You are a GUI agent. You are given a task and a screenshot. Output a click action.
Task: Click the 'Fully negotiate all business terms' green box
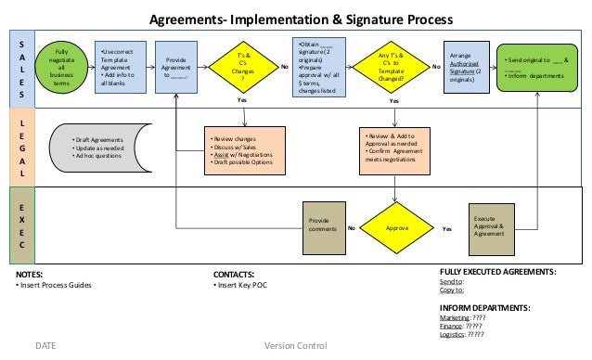(x=62, y=69)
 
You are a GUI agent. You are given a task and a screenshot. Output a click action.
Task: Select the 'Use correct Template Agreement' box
(x=121, y=67)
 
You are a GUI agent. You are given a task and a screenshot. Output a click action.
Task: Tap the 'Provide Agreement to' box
(x=176, y=68)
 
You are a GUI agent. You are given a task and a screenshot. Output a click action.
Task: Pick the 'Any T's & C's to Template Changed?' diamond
(x=395, y=67)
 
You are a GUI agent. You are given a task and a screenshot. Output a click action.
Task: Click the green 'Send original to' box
(x=537, y=67)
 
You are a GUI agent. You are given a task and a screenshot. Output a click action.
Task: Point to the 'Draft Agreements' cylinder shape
(x=98, y=148)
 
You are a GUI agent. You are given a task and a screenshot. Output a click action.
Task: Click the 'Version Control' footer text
(x=295, y=346)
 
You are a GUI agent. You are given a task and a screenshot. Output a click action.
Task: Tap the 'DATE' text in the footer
(x=45, y=346)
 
